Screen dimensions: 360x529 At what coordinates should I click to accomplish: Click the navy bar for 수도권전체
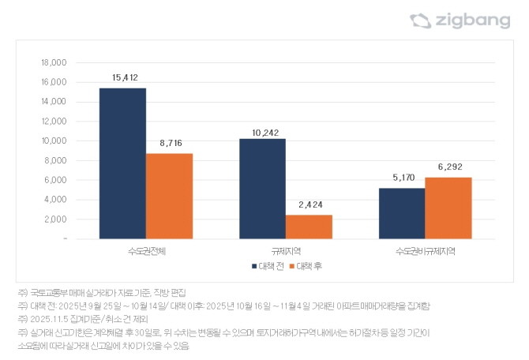[x=122, y=163]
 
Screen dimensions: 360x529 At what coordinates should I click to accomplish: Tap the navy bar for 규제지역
[x=262, y=189]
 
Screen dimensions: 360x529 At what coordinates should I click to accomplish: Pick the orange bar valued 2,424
[x=309, y=227]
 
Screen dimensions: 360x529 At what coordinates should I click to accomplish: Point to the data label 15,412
[x=123, y=77]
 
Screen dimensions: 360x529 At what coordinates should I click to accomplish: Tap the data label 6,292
[x=448, y=167]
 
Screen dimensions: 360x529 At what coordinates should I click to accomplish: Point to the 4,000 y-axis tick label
[x=56, y=200]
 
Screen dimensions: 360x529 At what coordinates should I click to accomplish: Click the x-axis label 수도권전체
[x=146, y=250]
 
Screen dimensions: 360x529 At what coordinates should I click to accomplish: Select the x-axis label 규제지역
[x=285, y=250]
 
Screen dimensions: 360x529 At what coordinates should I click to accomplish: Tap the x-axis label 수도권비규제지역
[x=425, y=250]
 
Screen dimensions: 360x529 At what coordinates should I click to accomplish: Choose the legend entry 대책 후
[x=309, y=266]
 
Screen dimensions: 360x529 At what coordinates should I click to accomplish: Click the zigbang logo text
[x=474, y=21]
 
